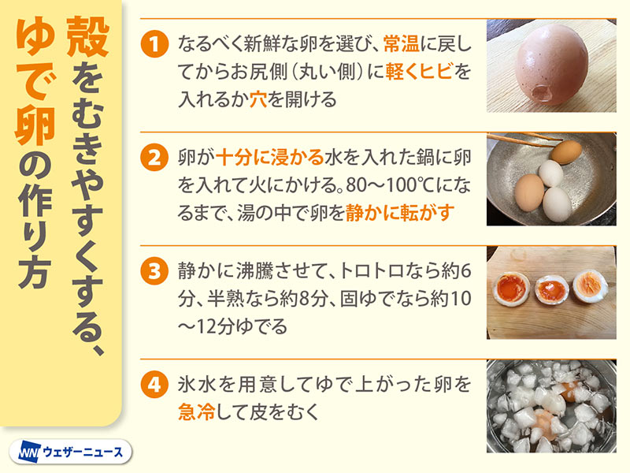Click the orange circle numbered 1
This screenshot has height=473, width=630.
click(x=154, y=43)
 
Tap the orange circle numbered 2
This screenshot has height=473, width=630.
click(x=154, y=157)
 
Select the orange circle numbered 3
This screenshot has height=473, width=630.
click(x=154, y=271)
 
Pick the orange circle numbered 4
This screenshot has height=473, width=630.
click(x=154, y=385)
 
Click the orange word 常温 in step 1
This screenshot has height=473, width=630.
click(x=401, y=43)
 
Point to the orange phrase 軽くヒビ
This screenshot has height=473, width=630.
click(x=420, y=71)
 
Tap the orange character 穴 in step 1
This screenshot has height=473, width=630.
click(x=258, y=99)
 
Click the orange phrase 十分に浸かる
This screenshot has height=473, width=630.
click(x=269, y=157)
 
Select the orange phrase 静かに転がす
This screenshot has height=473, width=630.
click(x=400, y=212)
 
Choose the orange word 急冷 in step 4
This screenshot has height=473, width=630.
click(x=196, y=412)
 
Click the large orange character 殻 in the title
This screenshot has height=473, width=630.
click(x=87, y=37)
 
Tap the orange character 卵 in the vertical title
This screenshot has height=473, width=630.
click(x=35, y=128)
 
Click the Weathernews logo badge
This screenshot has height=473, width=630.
click(x=70, y=452)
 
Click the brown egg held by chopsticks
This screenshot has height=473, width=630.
click(x=566, y=151)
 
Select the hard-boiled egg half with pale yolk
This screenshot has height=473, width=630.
click(x=591, y=286)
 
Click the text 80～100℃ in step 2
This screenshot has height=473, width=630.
click(x=391, y=185)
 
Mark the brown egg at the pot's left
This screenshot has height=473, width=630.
click(x=529, y=192)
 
